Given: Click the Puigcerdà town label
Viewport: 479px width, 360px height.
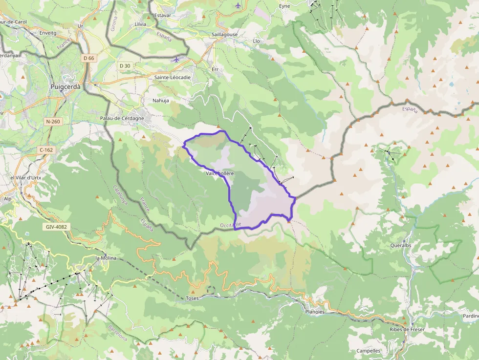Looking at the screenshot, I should pyautogui.click(x=66, y=86).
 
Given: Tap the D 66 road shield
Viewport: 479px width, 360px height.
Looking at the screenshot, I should pyautogui.click(x=88, y=58).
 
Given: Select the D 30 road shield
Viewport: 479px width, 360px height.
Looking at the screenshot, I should pyautogui.click(x=125, y=65).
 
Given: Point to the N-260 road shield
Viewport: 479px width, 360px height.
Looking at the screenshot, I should pyautogui.click(x=54, y=121).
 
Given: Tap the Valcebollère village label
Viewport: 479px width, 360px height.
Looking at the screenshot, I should pyautogui.click(x=220, y=173).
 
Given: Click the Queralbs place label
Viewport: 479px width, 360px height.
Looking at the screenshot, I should pyautogui.click(x=400, y=246).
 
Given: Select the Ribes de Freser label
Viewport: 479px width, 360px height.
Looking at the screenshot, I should pyautogui.click(x=407, y=329).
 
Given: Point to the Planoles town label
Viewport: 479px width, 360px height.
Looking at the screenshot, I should pyautogui.click(x=314, y=311).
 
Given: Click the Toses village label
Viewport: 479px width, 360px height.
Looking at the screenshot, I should pyautogui.click(x=192, y=298).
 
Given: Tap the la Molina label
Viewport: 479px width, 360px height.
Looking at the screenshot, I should pyautogui.click(x=106, y=258).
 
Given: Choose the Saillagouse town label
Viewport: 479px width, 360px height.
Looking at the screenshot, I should pyautogui.click(x=225, y=35).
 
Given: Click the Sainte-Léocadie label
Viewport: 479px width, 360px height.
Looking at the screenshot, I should pyautogui.click(x=173, y=77).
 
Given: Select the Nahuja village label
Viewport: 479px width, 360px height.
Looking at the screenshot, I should pyautogui.click(x=161, y=100).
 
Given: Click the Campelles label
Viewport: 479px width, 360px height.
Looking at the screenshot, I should pyautogui.click(x=369, y=351).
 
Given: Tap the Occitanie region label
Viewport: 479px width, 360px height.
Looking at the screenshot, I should pyautogui.click(x=231, y=225).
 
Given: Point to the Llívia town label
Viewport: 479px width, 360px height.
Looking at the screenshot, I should pyautogui.click(x=140, y=23).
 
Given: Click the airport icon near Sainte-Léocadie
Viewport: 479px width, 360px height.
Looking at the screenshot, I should pyautogui.click(x=176, y=60).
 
